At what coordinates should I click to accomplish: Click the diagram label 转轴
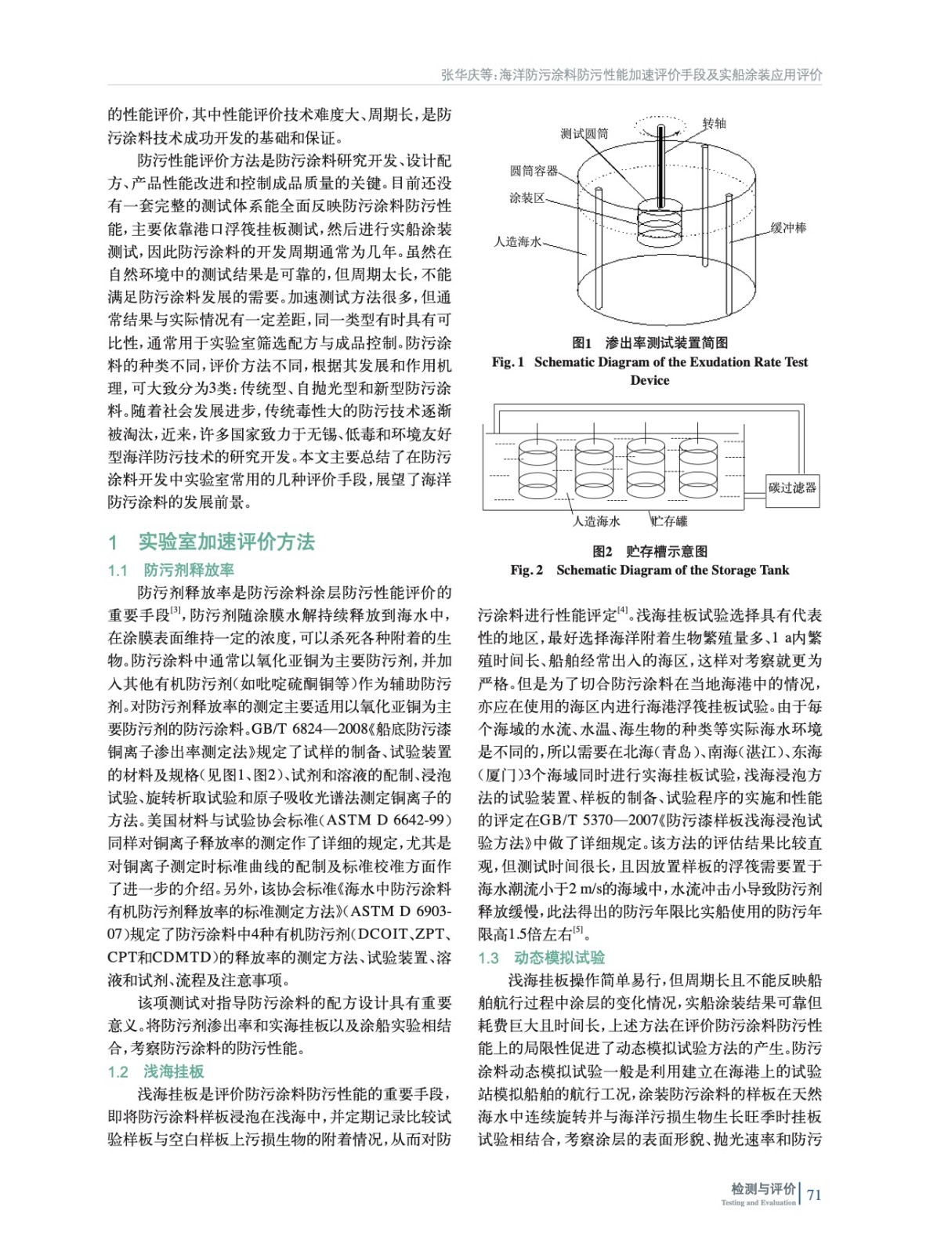(714, 123)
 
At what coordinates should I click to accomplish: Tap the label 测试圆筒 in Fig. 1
(584, 133)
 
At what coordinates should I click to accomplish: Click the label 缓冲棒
(787, 228)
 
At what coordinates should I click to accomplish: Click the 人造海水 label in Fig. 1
(517, 242)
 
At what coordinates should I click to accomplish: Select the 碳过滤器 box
(792, 487)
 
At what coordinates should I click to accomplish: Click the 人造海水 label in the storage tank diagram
(596, 521)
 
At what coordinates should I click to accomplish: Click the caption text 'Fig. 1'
(508, 362)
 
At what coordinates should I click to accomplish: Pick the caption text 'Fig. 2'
(527, 570)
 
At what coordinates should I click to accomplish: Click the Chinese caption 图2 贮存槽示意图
(650, 552)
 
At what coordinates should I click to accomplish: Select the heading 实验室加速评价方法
(226, 542)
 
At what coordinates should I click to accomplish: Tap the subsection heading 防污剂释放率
(188, 570)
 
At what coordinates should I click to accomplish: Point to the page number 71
(814, 1194)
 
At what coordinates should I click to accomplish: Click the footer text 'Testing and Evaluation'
(758, 1202)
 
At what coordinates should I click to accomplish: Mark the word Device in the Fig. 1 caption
(650, 380)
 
